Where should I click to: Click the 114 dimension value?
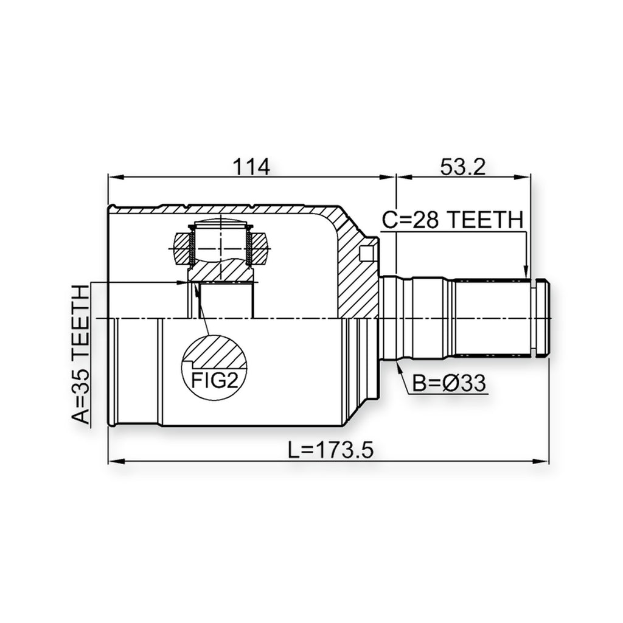[251, 167]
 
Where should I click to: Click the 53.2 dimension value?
[463, 167]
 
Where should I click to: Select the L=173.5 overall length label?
[331, 451]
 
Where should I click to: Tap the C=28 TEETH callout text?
[453, 220]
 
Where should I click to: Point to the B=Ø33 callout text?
[449, 383]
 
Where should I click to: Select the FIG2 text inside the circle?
[215, 381]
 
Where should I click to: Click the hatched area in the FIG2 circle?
[217, 351]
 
